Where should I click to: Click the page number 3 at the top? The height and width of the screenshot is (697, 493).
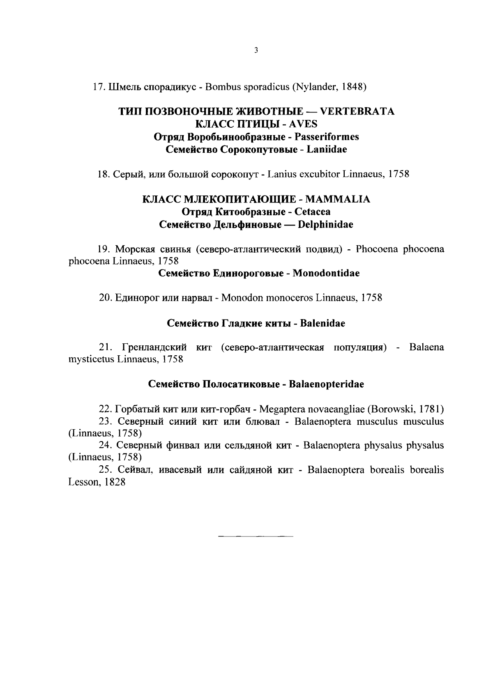tap(256, 51)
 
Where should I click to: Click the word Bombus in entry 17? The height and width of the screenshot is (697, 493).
tap(220, 87)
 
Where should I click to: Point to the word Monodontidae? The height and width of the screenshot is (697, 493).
tap(326, 273)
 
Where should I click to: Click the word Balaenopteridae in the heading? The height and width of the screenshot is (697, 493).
tap(327, 384)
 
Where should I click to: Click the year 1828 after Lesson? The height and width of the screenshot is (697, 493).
tap(115, 483)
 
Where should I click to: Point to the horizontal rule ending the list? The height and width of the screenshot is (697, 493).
tap(256, 536)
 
